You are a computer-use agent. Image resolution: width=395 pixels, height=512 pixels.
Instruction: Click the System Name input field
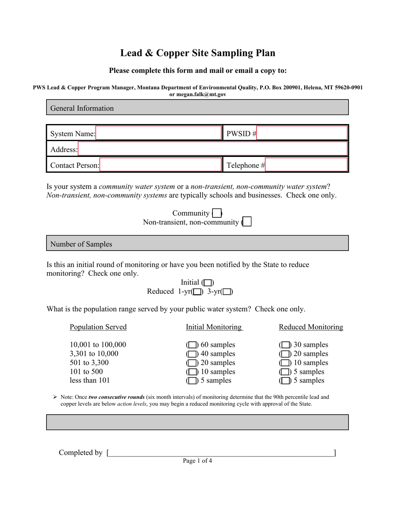[x=158, y=133]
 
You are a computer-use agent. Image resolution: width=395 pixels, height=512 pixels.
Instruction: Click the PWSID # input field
[x=301, y=133]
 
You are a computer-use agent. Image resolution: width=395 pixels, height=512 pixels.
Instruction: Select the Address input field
[x=212, y=149]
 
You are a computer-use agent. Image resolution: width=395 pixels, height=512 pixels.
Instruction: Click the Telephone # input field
[x=306, y=165]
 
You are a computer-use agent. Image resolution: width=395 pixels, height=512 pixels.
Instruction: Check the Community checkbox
[x=217, y=214]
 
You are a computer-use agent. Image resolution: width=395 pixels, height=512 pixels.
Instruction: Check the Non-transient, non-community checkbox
[x=247, y=222]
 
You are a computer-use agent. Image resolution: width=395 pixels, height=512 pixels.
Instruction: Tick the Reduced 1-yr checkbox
[x=197, y=292]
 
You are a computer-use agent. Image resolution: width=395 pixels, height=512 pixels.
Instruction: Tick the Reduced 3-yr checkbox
[x=227, y=292]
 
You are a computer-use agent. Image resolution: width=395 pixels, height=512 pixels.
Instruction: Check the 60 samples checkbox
[x=192, y=345]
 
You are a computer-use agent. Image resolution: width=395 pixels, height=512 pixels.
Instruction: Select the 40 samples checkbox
[x=192, y=354]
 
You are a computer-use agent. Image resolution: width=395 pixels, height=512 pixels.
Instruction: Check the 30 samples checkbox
[x=285, y=345]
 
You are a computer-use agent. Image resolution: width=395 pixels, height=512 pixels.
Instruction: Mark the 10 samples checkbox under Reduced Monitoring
[x=285, y=363]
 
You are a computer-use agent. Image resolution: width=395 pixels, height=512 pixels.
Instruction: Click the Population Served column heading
[x=98, y=327]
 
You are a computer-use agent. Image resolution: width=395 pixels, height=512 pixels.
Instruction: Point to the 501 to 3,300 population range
[x=89, y=363]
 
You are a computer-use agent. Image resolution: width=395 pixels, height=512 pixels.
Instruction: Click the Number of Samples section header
[x=81, y=244]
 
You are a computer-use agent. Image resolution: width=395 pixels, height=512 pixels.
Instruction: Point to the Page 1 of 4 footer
[x=197, y=461]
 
